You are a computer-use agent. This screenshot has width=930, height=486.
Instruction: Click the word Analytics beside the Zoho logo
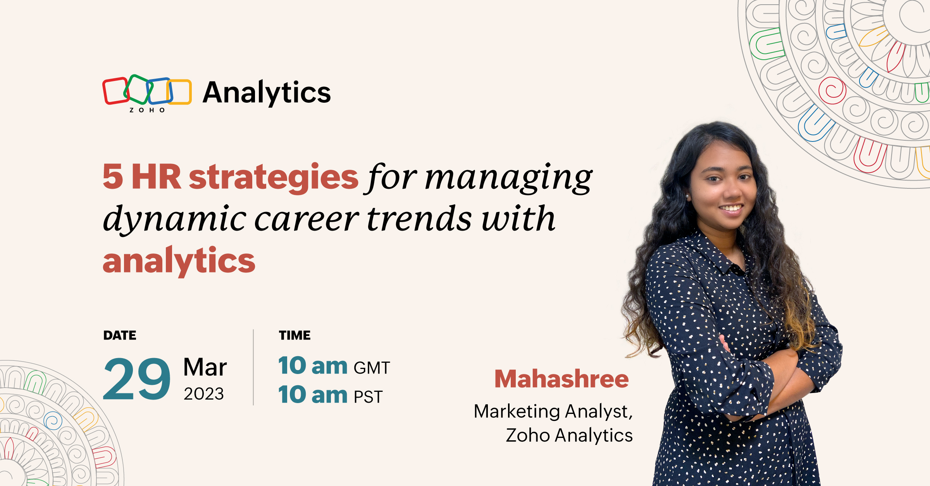pos(267,93)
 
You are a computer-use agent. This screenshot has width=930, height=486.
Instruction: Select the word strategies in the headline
pos(274,178)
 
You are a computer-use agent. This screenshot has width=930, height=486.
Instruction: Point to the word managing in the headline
pos(508,178)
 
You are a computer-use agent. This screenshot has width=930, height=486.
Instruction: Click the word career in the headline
pos(307,219)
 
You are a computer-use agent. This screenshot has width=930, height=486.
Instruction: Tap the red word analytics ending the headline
pos(179,261)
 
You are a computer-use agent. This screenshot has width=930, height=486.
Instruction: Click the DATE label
pos(120,335)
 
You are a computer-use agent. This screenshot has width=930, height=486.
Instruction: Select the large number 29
pos(137,379)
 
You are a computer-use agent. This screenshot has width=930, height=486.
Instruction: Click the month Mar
pos(205,367)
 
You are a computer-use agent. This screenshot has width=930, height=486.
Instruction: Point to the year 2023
pos(204,394)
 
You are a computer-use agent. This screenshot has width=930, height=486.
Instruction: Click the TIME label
pos(295,335)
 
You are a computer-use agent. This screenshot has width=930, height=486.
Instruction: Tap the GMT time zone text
pos(372,368)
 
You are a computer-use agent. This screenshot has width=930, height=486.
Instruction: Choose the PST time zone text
pos(368,397)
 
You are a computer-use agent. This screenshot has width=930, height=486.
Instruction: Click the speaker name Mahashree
pos(561,379)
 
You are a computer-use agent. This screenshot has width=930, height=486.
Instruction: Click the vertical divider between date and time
pos(253,367)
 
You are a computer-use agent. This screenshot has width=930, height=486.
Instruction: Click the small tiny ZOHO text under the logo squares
pos(147,110)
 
